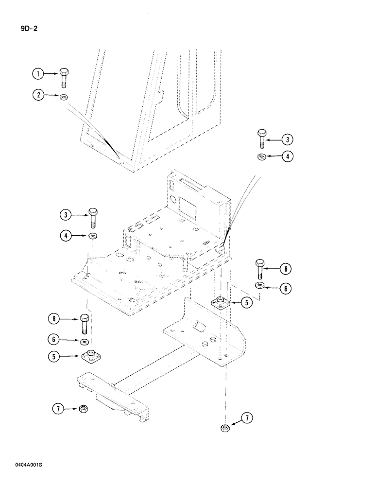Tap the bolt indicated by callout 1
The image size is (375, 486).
[x=65, y=77]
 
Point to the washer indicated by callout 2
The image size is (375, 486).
[x=64, y=97]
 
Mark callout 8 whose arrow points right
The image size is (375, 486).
[x=54, y=319]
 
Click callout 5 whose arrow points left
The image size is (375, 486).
[x=246, y=302]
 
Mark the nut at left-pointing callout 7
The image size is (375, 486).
[x=225, y=428]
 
